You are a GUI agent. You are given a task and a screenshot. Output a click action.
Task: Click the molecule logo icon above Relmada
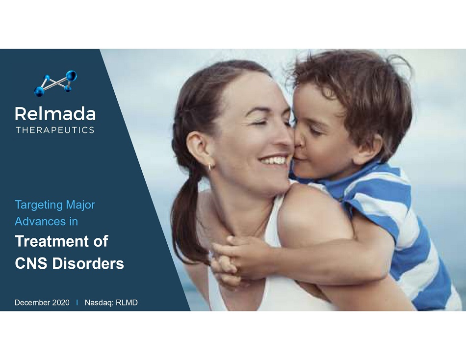55,83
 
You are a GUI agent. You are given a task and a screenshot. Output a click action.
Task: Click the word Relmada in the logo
55,114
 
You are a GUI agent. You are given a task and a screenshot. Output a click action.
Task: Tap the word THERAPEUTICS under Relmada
55,130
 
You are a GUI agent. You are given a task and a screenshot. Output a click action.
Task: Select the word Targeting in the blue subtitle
39,206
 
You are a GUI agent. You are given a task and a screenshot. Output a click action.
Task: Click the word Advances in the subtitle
40,221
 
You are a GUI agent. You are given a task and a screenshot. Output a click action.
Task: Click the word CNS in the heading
31,263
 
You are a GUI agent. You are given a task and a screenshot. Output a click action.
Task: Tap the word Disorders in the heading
88,263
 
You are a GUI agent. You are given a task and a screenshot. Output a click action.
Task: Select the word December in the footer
32,303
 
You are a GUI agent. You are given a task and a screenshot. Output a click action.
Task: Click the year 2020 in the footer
61,303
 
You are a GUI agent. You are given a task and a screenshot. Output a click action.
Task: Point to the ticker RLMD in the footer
127,303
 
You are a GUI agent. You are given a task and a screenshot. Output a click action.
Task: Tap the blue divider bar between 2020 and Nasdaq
78,303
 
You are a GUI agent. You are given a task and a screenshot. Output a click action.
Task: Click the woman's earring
210,166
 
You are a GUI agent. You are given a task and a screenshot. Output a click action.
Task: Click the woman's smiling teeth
273,161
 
